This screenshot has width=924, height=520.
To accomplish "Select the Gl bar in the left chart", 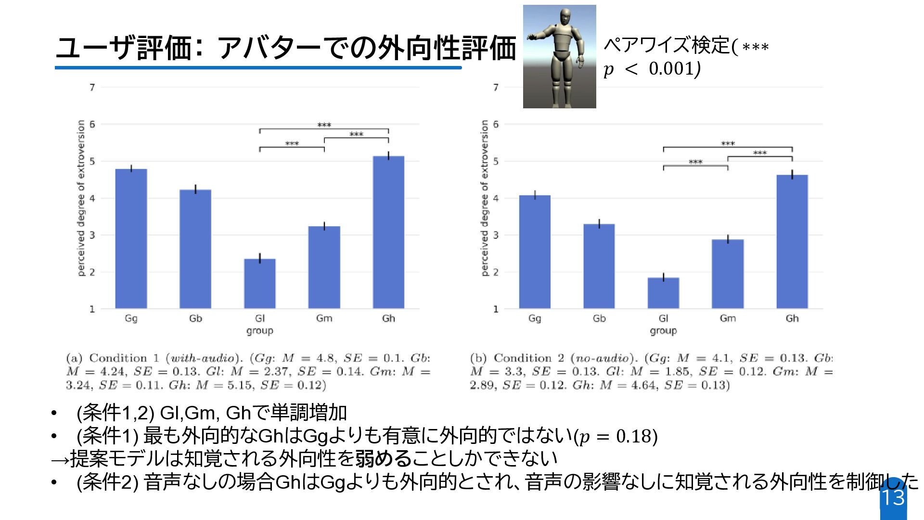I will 259,284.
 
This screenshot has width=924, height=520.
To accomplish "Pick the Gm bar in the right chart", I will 728,274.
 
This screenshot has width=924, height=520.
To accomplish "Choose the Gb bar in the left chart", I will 195,249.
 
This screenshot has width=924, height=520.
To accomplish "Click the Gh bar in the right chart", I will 792,242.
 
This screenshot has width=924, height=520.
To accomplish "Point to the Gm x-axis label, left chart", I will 324,318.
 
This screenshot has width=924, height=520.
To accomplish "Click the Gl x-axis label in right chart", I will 663,318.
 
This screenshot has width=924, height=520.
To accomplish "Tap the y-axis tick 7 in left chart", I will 92,87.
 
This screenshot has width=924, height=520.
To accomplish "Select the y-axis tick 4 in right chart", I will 496,198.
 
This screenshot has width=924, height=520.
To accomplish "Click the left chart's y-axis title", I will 81,198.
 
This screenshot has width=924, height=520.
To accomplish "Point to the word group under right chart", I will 663,331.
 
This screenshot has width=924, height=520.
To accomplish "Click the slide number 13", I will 893,497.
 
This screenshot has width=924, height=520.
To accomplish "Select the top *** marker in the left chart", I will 324,125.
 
